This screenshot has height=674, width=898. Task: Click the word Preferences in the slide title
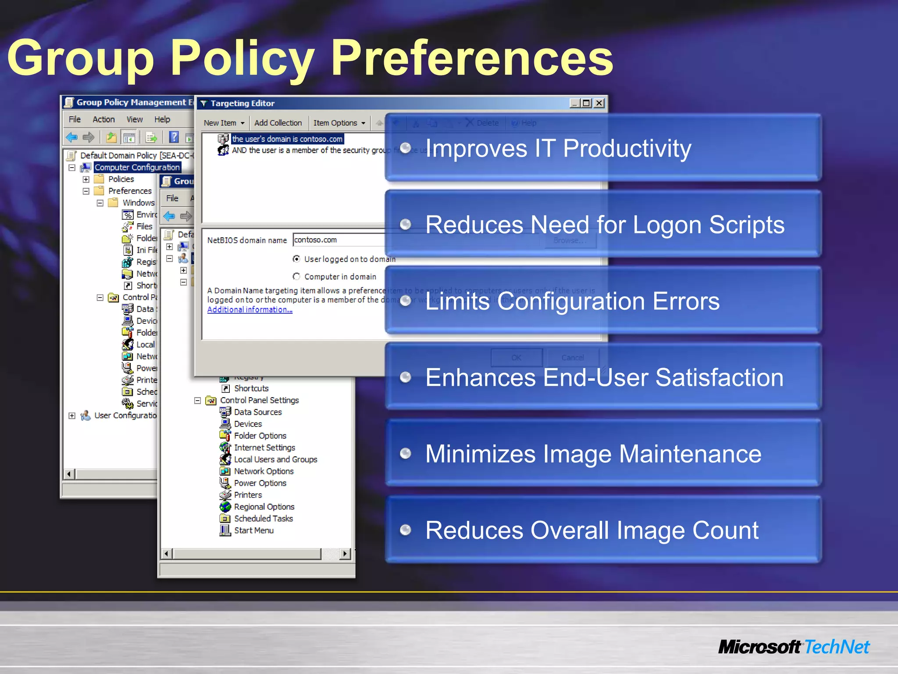[x=472, y=58]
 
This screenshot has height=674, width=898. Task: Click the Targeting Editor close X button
[x=599, y=103]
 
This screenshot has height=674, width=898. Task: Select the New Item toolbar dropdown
[x=224, y=123]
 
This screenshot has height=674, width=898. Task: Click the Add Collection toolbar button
[x=278, y=123]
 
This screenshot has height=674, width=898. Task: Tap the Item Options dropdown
[x=339, y=123]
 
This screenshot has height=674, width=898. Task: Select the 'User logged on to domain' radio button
[x=296, y=259]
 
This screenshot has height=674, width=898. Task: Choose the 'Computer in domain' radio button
[x=296, y=276]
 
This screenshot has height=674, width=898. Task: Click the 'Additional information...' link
[x=249, y=310]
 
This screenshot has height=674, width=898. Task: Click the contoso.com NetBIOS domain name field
[x=338, y=240]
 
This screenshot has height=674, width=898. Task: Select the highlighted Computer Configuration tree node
[x=137, y=167]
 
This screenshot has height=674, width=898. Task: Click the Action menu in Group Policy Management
[x=103, y=119]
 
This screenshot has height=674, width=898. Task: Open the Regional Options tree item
[x=264, y=507]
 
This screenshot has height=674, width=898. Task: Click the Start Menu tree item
[x=253, y=531]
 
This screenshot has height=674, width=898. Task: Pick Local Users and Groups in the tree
[x=275, y=459]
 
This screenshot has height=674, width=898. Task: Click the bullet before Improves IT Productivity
[x=406, y=148]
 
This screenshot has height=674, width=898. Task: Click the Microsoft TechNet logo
[x=794, y=647]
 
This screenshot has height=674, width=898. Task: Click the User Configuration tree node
[x=125, y=416]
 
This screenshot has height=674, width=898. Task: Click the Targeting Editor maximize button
[x=587, y=103]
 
